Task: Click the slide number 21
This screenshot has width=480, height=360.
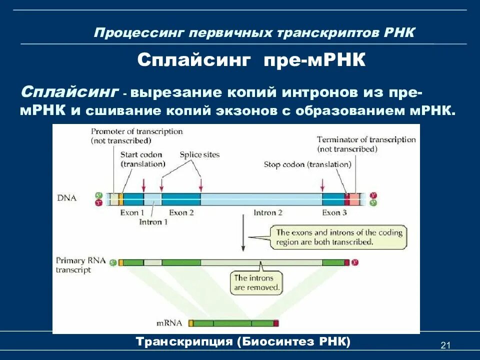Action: tap(445, 345)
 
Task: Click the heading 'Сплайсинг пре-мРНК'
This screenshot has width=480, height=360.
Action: tap(252, 60)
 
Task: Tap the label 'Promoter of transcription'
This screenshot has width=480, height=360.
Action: tap(136, 131)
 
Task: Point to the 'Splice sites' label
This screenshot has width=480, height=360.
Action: tap(199, 155)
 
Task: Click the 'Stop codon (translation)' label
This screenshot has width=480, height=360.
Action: tap(307, 164)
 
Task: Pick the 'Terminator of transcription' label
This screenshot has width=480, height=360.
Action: tap(366, 140)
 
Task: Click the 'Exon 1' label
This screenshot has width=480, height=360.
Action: tap(132, 212)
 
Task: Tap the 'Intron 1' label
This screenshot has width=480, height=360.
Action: tap(153, 221)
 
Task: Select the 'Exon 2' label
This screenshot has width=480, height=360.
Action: tap(181, 212)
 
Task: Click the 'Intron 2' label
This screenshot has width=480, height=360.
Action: tap(267, 212)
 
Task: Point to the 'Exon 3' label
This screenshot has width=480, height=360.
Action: tap(334, 212)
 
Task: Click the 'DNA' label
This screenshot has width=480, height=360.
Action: tap(66, 198)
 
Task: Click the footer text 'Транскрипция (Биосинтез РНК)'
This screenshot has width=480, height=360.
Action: tap(243, 341)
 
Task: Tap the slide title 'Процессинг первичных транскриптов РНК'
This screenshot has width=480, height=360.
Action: tap(254, 32)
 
